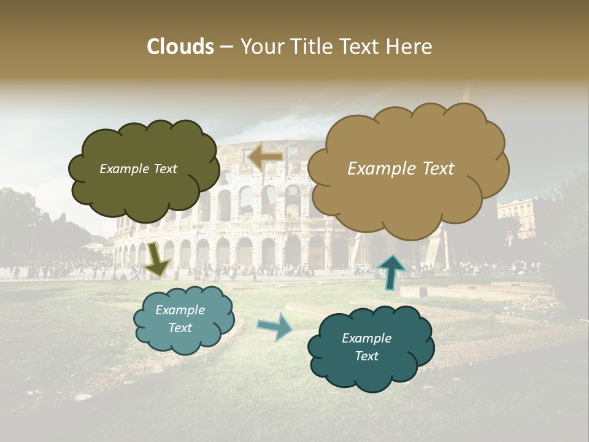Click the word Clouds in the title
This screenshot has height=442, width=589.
(180, 47)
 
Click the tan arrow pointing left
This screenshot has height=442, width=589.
(265, 157)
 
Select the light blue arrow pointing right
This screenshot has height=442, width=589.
(275, 326)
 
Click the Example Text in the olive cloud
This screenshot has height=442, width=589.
(138, 169)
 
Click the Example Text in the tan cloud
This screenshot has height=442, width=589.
(401, 169)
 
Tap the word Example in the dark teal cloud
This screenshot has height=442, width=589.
(366, 338)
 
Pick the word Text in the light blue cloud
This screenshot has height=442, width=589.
(180, 328)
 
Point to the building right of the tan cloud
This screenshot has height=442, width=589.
(517, 218)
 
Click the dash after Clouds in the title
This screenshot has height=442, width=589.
(226, 47)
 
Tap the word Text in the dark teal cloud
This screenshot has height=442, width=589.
(366, 356)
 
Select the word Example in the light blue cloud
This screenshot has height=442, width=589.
(180, 310)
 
